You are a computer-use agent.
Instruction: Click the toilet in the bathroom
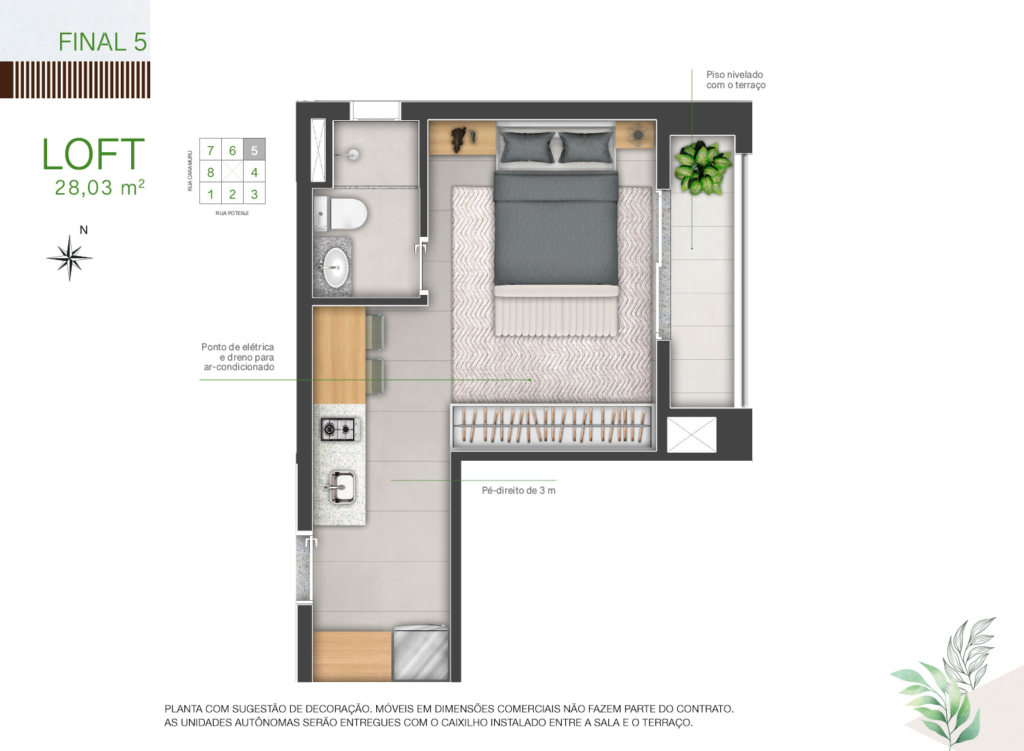[x=341, y=214]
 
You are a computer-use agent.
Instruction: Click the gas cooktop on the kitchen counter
[x=339, y=429]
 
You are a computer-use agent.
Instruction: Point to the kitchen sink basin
[x=341, y=487]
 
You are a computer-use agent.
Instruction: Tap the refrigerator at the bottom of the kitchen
[x=421, y=653]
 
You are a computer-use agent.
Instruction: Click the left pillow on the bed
[x=527, y=147]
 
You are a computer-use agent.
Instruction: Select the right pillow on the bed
[x=586, y=147]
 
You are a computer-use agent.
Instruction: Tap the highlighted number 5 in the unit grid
[x=255, y=150]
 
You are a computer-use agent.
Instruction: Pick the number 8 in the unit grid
[x=210, y=172]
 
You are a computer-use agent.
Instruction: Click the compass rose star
[x=70, y=258]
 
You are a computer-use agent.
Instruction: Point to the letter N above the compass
[x=84, y=230]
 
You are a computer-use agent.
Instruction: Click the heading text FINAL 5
[x=103, y=42]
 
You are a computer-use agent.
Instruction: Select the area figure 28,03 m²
[x=100, y=187]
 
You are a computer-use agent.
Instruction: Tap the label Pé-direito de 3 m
[x=518, y=490]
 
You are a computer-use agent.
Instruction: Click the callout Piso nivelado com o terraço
[x=735, y=79]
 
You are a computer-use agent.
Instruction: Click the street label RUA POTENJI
[x=232, y=213]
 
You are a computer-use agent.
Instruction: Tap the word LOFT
[x=94, y=154]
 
